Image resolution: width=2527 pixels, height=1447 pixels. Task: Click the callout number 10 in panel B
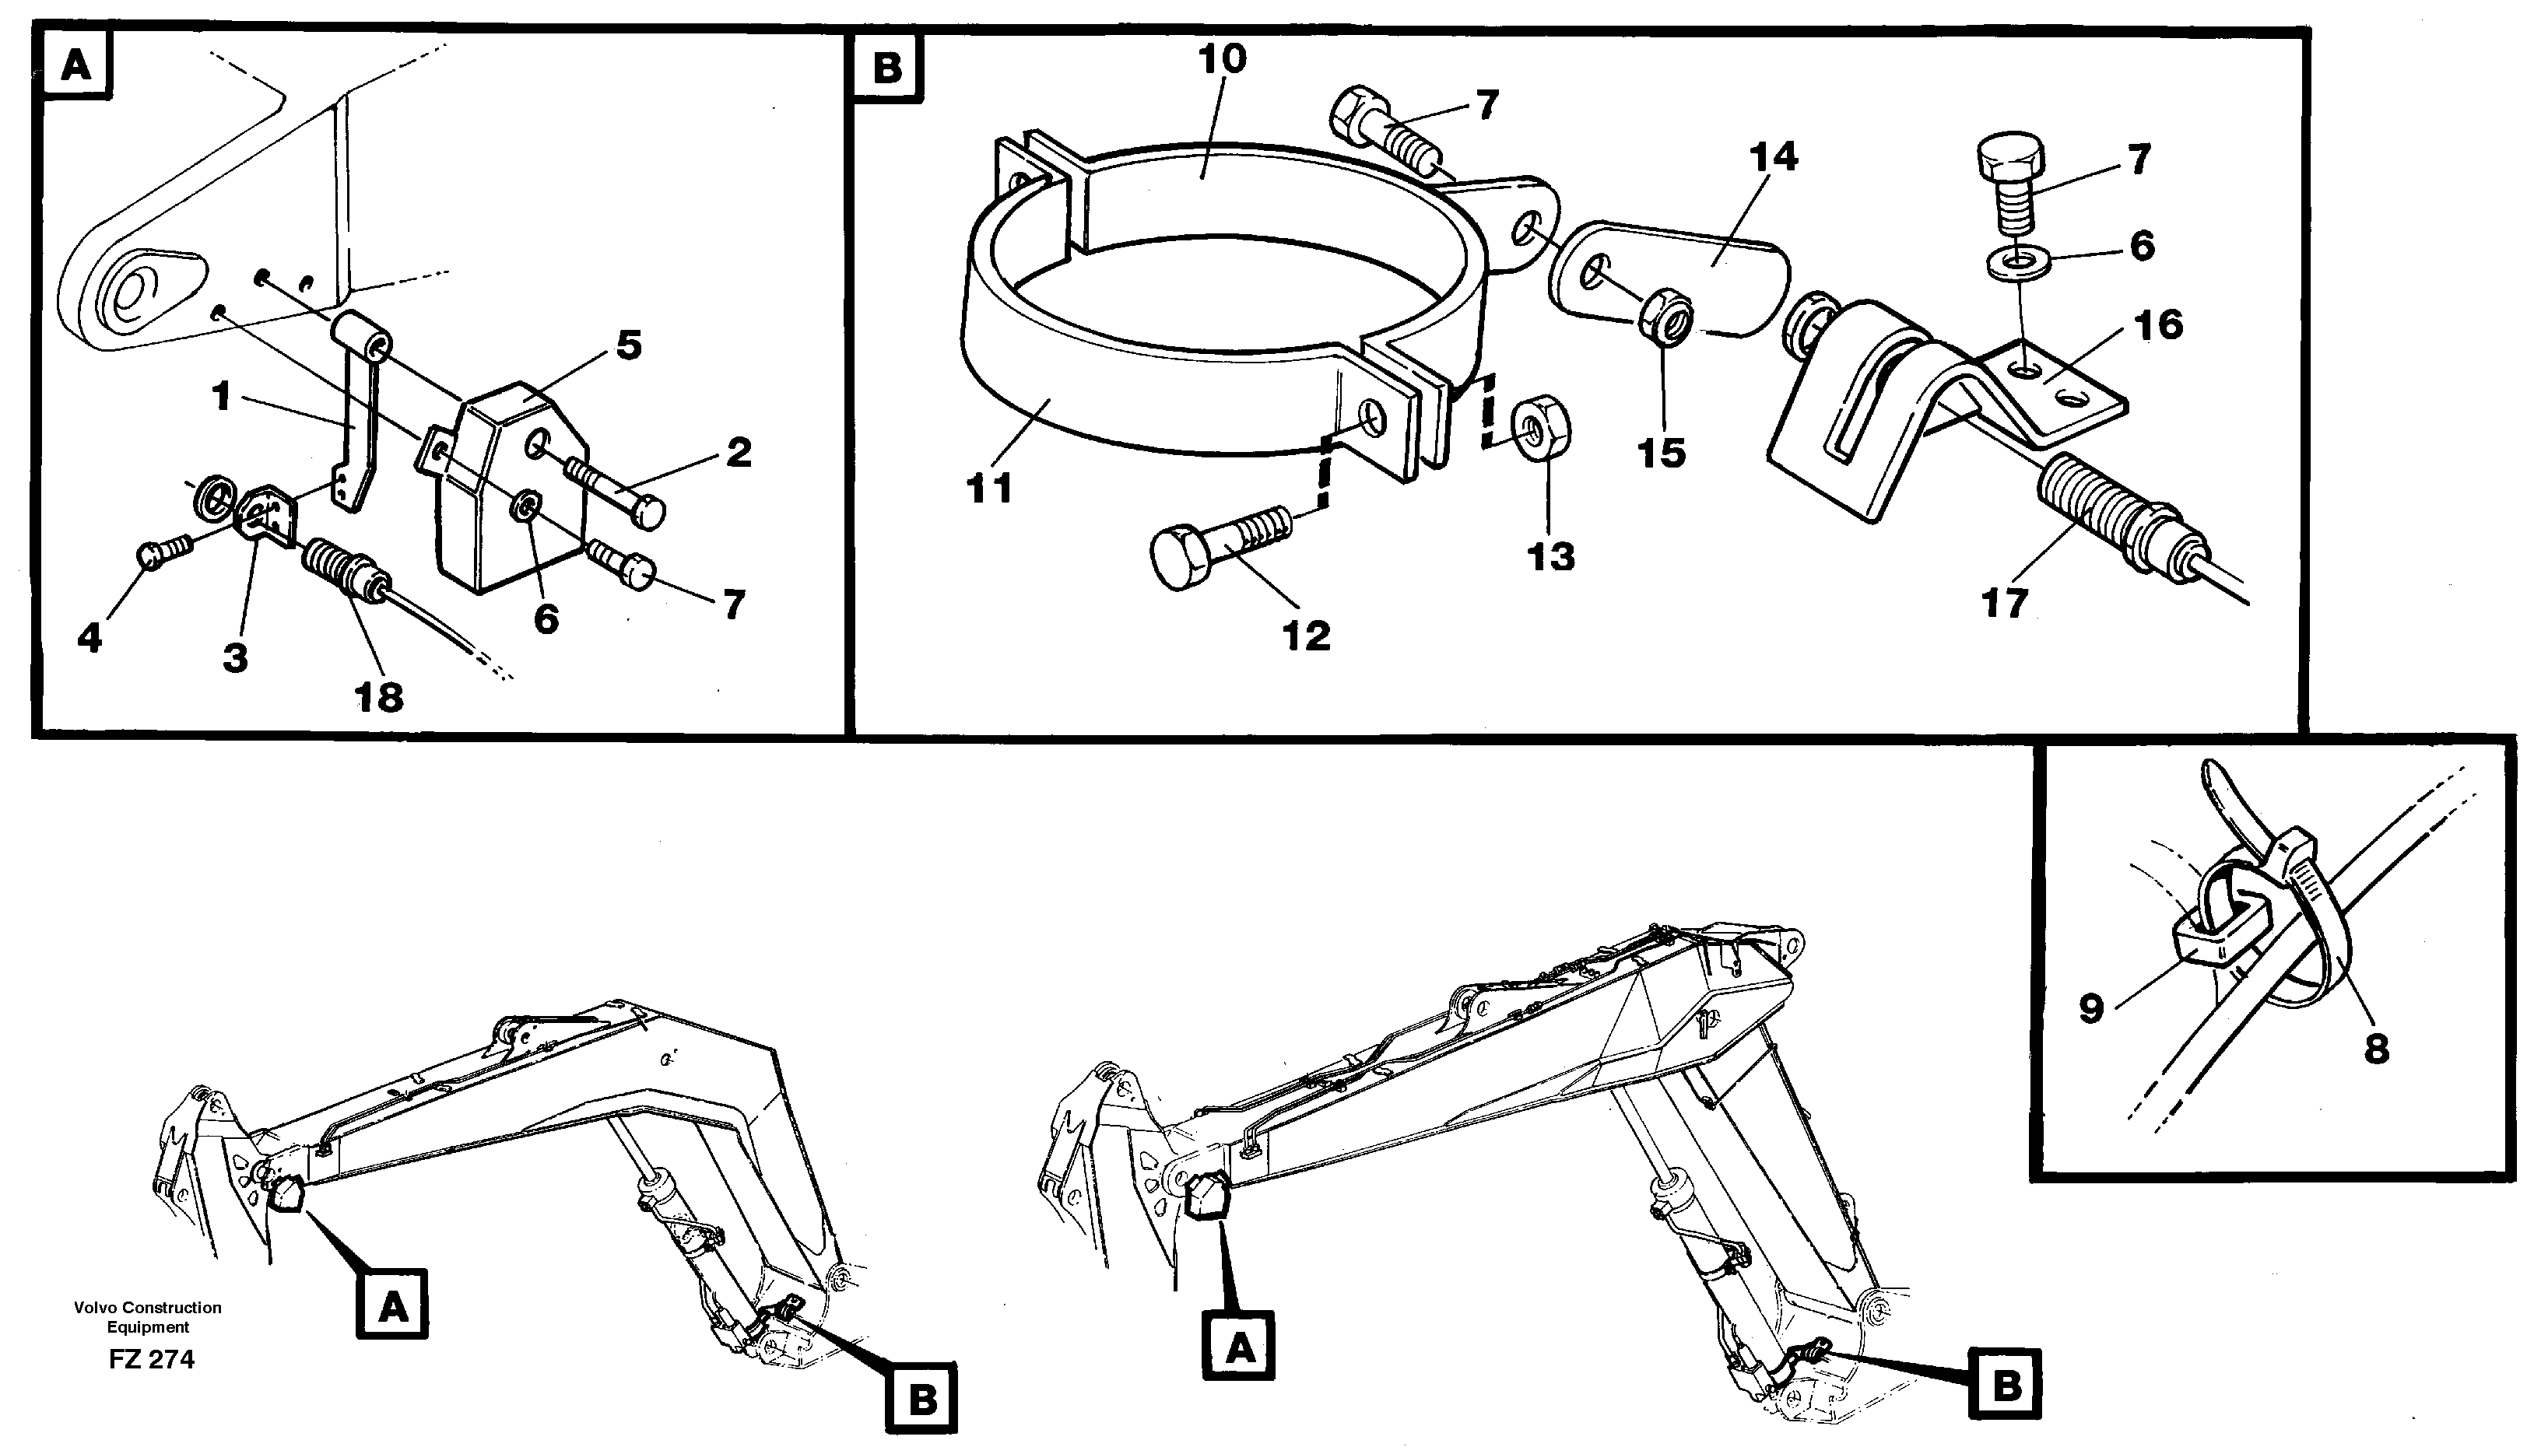1222,60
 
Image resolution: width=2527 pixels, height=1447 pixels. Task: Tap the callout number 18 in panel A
379,698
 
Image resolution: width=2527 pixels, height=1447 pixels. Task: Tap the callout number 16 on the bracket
2157,325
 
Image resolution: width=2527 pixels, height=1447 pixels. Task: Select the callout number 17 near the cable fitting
2003,603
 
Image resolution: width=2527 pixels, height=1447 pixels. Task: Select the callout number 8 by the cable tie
2375,1046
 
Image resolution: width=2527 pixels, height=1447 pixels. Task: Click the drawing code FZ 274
151,1360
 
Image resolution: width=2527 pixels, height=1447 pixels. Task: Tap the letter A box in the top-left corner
76,65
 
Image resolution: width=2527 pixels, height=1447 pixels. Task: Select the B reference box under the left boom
921,1400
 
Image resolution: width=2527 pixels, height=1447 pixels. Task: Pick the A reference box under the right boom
1239,1349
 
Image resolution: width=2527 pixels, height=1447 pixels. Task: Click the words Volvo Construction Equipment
147,1317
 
